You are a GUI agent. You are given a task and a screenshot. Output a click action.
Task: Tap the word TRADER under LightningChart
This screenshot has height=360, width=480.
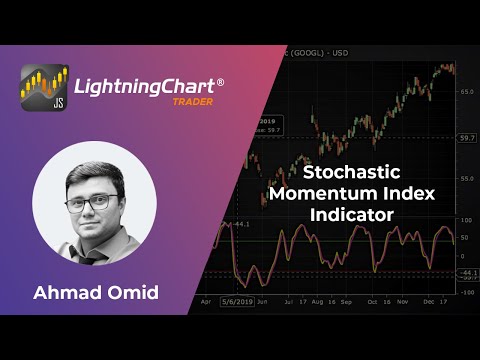pyautogui.click(x=194, y=102)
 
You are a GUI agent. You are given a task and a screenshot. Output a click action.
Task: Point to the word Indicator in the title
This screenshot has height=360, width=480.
pyautogui.click(x=357, y=214)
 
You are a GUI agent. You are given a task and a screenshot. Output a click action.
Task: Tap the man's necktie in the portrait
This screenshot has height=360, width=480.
pyautogui.click(x=91, y=255)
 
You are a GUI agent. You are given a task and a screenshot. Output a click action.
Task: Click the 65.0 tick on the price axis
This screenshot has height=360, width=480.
pyautogui.click(x=466, y=92)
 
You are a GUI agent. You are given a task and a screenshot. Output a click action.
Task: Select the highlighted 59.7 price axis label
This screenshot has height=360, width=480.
pyautogui.click(x=466, y=137)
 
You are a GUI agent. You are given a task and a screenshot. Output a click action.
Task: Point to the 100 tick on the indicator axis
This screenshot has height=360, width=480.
pyautogui.click(x=465, y=218)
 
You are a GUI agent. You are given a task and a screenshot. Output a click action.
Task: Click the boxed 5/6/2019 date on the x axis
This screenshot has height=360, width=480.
pyautogui.click(x=235, y=301)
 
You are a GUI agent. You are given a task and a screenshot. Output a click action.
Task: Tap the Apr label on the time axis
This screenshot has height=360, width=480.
pyautogui.click(x=207, y=301)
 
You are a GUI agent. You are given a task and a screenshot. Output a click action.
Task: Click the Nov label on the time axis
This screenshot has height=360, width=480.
pyautogui.click(x=402, y=301)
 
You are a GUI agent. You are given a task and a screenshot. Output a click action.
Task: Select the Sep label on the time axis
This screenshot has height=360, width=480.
pyautogui.click(x=346, y=301)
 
